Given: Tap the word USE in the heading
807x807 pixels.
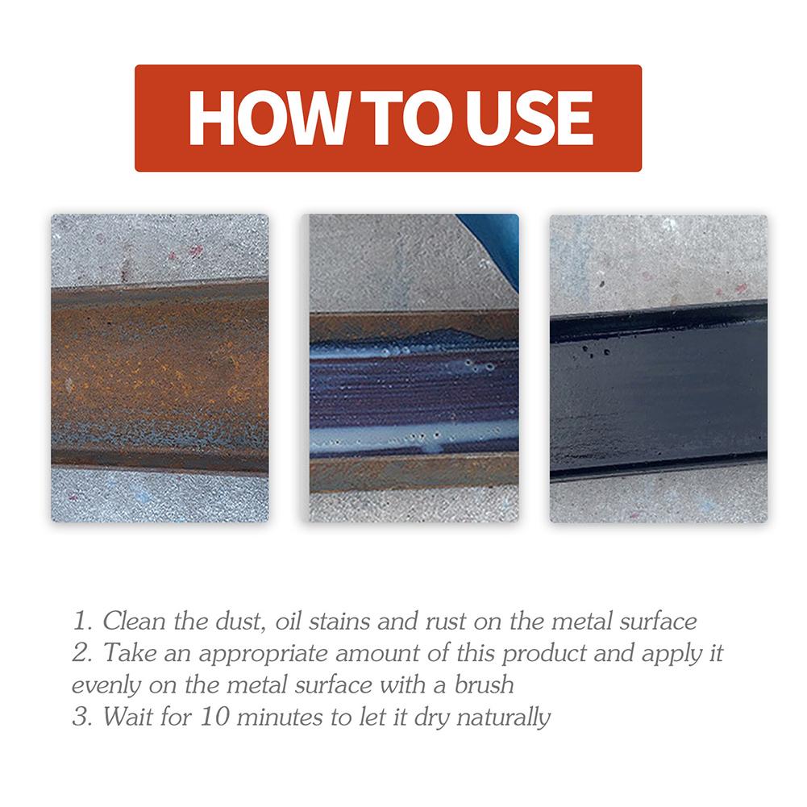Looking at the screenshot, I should point(527,119).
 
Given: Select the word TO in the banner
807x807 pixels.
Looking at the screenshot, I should point(393,119).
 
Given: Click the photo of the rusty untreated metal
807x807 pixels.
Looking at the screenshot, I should point(160,368).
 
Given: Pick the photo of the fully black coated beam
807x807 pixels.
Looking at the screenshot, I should point(658,368).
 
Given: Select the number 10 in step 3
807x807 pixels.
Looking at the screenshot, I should point(214,717).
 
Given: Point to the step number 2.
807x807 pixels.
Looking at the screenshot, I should point(80,654).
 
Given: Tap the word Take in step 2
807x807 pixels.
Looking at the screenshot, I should point(126,654).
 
